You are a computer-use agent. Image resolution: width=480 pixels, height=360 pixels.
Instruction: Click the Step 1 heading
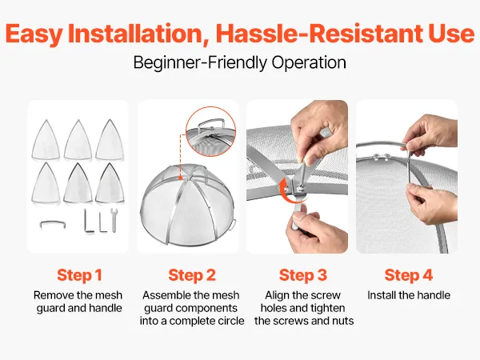[79, 275]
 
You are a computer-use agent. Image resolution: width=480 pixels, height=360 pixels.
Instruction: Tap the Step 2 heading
[192, 275]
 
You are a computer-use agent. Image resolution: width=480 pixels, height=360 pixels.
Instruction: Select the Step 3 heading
[303, 275]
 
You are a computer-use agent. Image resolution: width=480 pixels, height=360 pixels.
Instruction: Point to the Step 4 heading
[409, 275]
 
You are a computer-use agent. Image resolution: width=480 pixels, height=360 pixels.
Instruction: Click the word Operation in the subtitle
[309, 62]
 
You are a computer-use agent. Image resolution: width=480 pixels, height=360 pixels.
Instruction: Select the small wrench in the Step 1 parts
[114, 220]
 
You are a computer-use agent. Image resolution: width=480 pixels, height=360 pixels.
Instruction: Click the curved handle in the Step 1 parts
[53, 224]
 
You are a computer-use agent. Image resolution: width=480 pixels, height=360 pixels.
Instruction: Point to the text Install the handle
[409, 295]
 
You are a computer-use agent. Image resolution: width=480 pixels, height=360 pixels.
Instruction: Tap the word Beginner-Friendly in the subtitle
[200, 62]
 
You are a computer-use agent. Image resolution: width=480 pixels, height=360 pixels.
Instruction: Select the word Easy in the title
[34, 33]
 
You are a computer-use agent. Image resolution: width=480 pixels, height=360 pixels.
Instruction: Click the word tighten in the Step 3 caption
[326, 308]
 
